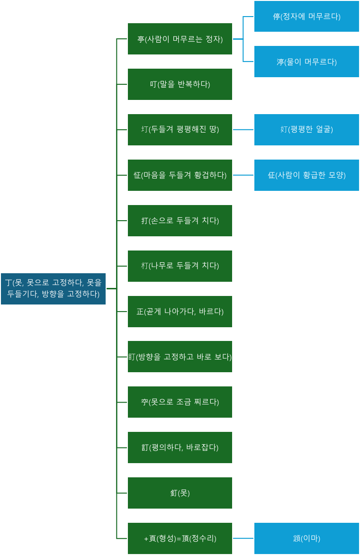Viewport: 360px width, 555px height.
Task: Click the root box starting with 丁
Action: [x=53, y=288]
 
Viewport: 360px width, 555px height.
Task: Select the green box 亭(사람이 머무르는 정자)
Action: [x=180, y=39]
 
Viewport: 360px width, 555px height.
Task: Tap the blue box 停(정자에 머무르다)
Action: [x=306, y=16]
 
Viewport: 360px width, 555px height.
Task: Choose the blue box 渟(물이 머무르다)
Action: [x=306, y=62]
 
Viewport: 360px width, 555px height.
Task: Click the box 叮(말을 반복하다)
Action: [x=180, y=84]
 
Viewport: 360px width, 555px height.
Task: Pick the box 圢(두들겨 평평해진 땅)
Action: [x=180, y=130]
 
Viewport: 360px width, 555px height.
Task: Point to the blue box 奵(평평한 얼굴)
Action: [x=306, y=130]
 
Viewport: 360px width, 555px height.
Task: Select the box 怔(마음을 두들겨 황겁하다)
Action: [x=180, y=175]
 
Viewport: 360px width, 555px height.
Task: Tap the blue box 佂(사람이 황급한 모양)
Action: [x=306, y=175]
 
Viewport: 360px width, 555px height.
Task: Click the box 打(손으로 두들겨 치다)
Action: [x=180, y=221]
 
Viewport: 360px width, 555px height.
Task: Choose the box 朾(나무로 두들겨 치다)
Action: [x=180, y=266]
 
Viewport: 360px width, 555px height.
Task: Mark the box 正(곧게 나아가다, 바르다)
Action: [x=180, y=312]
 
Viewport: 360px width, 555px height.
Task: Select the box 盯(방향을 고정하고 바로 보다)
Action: [x=180, y=357]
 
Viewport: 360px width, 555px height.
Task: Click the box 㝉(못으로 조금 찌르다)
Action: [x=180, y=402]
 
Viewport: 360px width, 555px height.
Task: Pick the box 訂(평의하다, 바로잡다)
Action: [x=180, y=448]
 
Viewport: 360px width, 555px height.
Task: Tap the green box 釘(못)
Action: [x=180, y=493]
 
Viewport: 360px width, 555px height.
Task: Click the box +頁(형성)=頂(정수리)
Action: [x=180, y=538]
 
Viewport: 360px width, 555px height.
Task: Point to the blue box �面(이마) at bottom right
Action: [x=306, y=538]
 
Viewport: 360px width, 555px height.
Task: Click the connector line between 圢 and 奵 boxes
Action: [x=243, y=130]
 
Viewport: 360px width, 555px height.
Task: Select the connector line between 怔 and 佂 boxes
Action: [x=243, y=175]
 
